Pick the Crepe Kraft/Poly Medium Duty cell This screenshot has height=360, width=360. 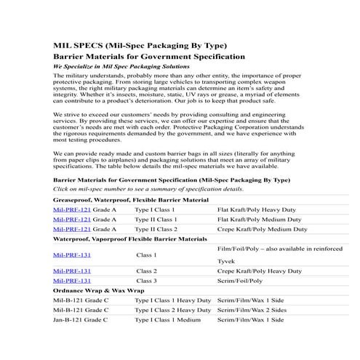[x=263, y=228]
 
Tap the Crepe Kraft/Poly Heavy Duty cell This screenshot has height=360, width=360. [x=260, y=271]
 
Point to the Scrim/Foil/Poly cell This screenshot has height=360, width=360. [x=240, y=280]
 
